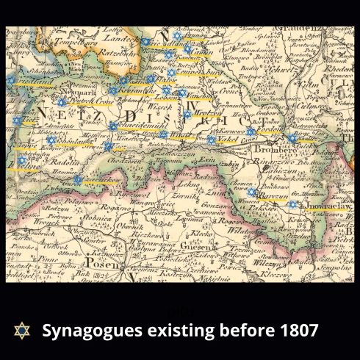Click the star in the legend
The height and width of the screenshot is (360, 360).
(x=21, y=331)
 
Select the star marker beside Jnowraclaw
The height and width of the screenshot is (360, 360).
(x=292, y=204)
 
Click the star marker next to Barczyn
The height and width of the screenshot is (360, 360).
(x=252, y=192)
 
